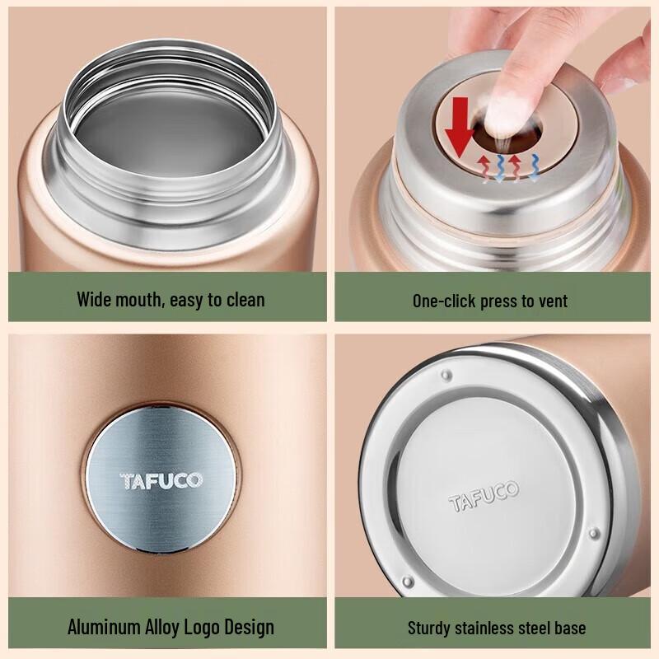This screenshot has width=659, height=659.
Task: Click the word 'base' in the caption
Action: coord(569,628)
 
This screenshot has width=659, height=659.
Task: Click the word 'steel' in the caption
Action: coord(536,628)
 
